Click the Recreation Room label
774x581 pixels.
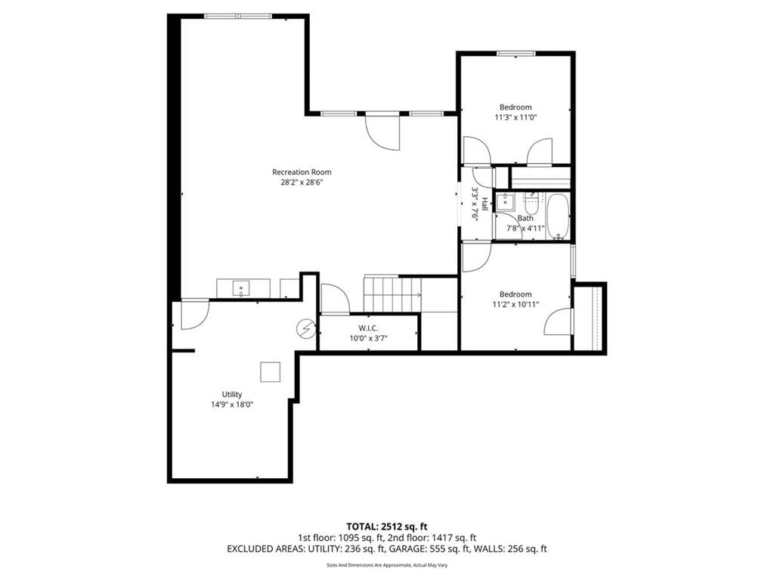coord(302,172)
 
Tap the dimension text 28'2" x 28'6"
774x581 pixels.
coord(302,182)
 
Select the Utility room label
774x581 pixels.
coord(232,394)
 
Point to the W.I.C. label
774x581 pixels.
coord(368,328)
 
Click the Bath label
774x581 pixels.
coord(526,219)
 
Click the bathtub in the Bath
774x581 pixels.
coord(558,217)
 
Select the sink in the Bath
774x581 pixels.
coord(505,202)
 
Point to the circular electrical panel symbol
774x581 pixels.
coord(306,328)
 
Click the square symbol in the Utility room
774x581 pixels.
coord(271,372)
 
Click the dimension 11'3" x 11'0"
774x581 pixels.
coord(515,117)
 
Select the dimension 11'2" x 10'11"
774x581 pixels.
coord(515,304)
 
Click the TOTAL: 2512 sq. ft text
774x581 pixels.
coord(386,527)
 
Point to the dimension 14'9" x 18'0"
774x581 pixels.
coord(232,405)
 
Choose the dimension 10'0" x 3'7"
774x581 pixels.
coord(368,338)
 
